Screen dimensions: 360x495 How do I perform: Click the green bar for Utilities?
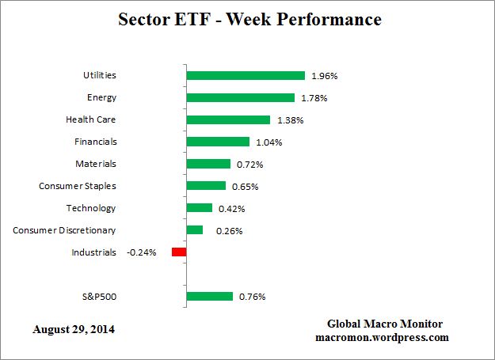click(246, 76)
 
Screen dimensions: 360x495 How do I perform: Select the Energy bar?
click(240, 98)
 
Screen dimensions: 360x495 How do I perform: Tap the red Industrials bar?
click(179, 252)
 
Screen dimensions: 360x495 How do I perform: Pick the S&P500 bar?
click(210, 297)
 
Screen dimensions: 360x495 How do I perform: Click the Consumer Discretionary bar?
click(195, 230)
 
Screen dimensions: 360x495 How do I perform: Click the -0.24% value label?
click(141, 252)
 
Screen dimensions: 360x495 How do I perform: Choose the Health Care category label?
click(90, 119)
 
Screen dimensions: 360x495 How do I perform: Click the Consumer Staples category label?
click(78, 186)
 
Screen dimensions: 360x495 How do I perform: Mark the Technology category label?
click(91, 208)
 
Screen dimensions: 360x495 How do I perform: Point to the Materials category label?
click(94, 164)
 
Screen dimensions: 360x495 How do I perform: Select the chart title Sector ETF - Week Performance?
click(249, 19)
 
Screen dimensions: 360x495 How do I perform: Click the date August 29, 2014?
click(74, 328)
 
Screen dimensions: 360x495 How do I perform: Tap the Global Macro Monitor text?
click(385, 324)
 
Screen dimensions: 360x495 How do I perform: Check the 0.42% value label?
click(231, 209)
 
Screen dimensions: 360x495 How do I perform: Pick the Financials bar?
click(218, 142)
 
